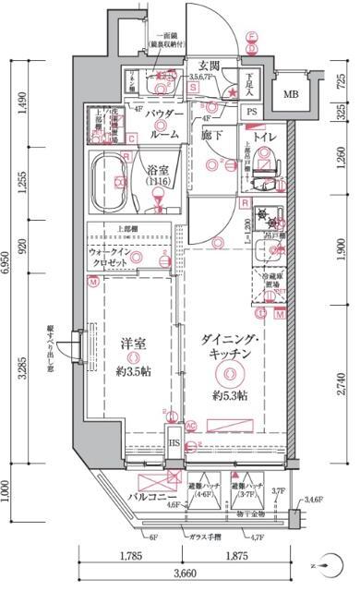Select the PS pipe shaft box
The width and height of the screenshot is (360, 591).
coord(252,113)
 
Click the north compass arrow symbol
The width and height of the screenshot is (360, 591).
coord(318,562)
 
